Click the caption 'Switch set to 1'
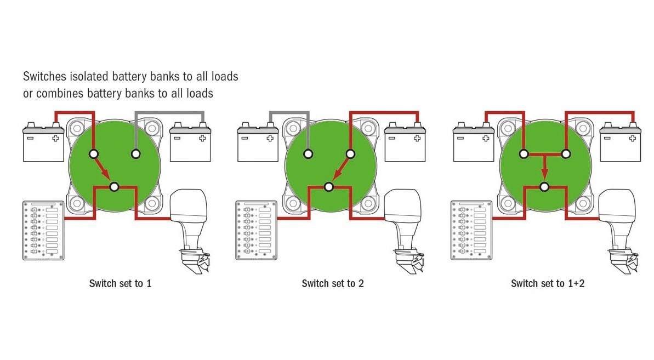(x=120, y=283)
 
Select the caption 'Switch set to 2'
(x=333, y=283)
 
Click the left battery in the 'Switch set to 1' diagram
(x=43, y=144)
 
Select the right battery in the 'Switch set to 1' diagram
(x=190, y=144)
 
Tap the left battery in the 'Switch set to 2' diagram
(x=257, y=144)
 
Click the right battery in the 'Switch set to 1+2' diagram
(x=620, y=144)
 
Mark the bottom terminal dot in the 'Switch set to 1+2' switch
(x=544, y=187)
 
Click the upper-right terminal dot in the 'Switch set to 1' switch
(x=136, y=154)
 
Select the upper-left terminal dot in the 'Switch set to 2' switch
(x=308, y=154)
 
